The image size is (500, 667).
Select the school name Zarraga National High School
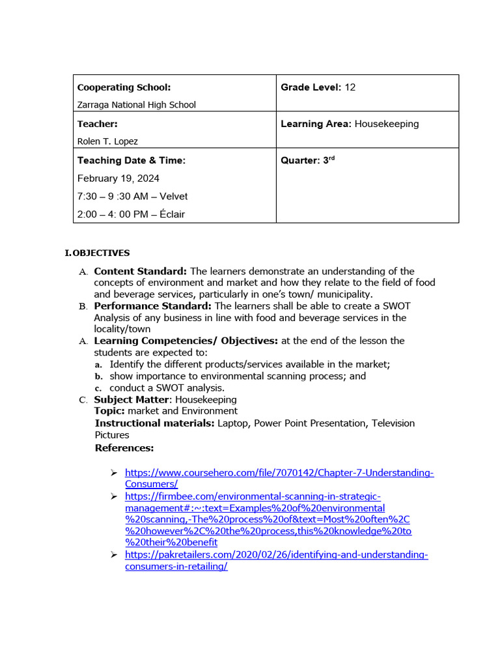coord(136,104)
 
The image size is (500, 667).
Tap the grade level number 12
coord(350,87)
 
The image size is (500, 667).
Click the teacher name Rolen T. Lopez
coord(107,141)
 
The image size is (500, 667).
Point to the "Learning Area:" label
coord(316,124)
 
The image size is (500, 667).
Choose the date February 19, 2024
coord(118,178)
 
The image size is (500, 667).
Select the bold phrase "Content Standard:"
coord(141,271)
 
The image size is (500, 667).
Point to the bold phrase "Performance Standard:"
coord(153,305)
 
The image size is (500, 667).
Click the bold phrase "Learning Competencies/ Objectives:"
coord(186,341)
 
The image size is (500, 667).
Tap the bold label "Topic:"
coord(109,411)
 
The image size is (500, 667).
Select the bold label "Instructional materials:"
coord(154,423)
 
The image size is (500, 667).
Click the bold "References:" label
coord(124,447)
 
